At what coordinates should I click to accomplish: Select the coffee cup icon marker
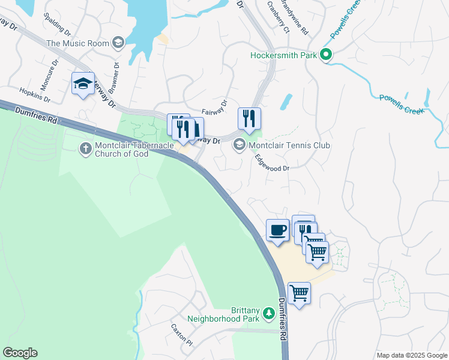(278, 230)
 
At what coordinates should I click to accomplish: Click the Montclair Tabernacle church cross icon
(86, 147)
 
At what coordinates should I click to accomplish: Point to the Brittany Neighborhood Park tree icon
(270, 313)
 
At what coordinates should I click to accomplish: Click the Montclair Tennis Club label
(289, 145)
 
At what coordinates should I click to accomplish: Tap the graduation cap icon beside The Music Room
(118, 43)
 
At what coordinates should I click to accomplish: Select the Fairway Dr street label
(215, 108)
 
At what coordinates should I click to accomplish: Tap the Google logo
(20, 353)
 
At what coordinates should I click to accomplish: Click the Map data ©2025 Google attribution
(411, 355)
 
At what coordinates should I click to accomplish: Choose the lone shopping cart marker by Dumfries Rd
(299, 294)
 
